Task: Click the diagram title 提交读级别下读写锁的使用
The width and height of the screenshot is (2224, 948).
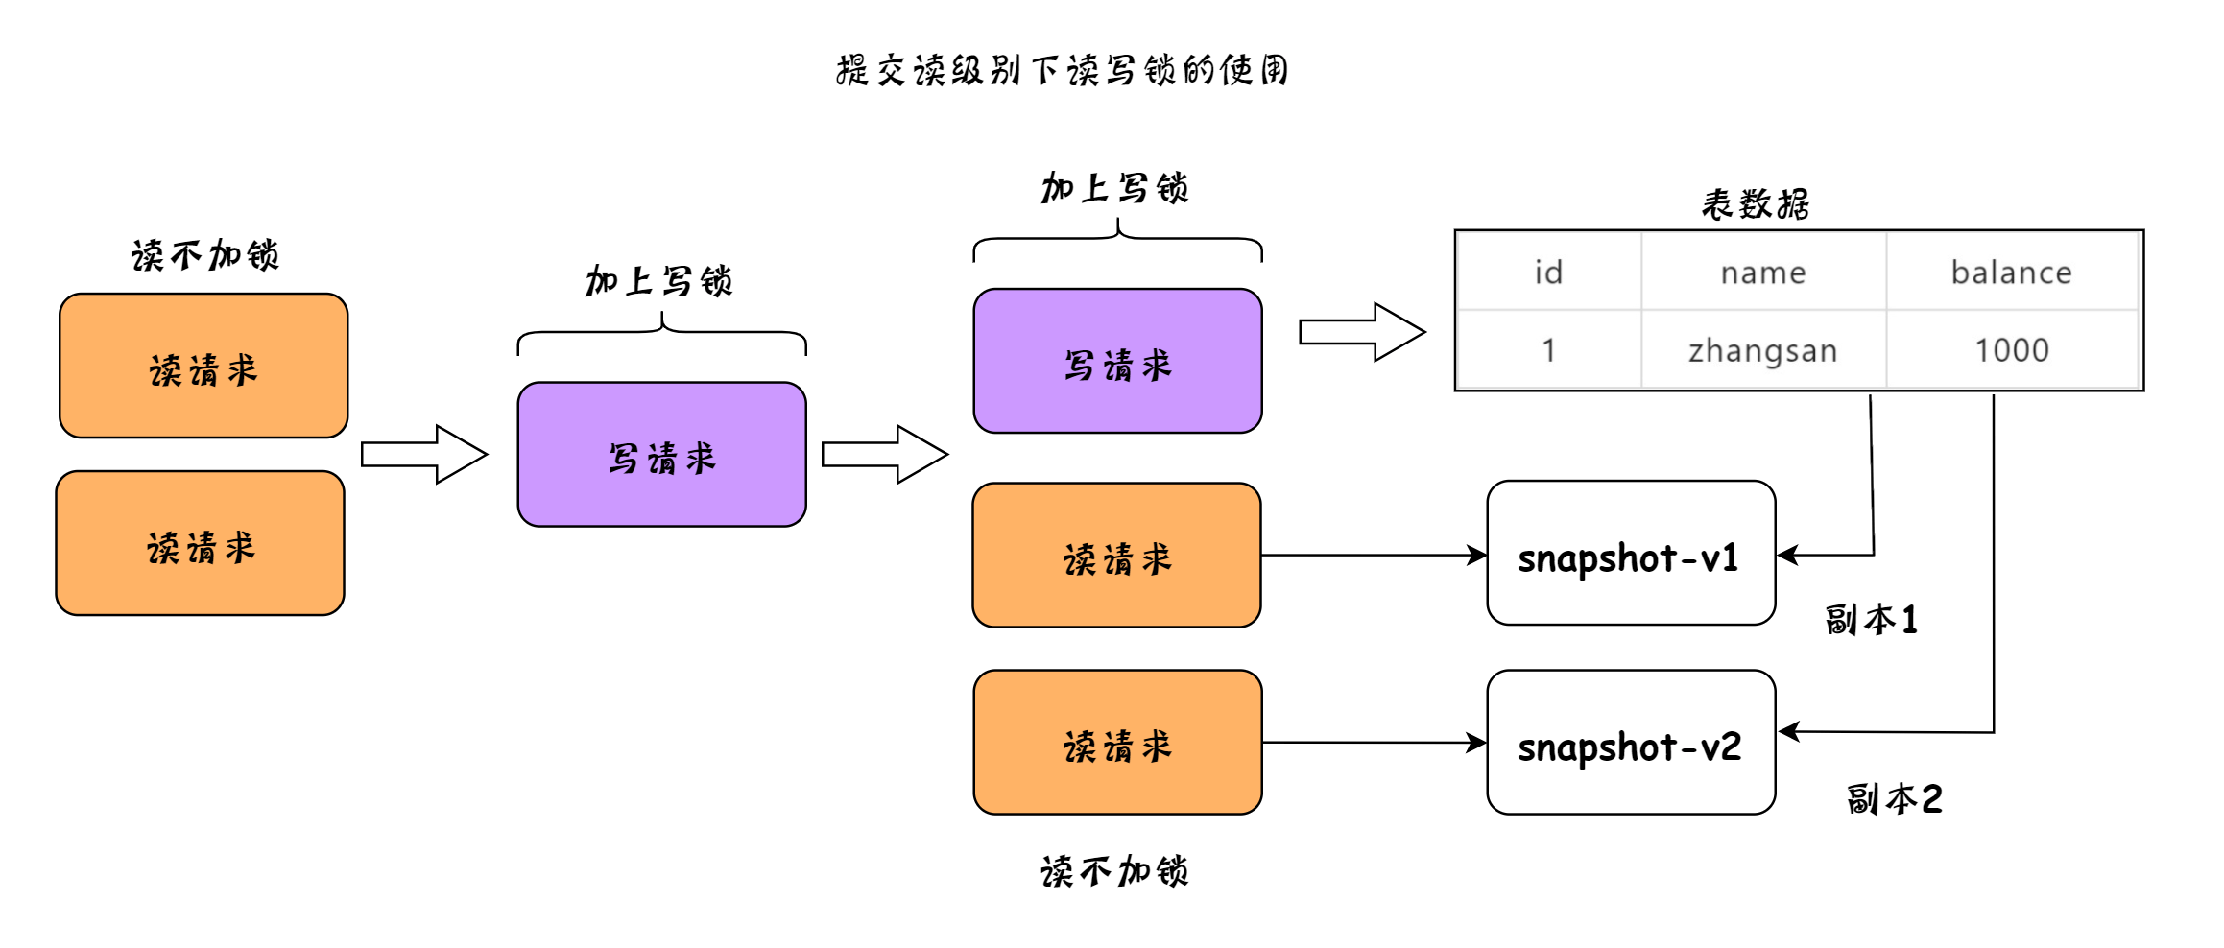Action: click(1062, 70)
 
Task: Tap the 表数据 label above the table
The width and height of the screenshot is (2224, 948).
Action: click(1755, 203)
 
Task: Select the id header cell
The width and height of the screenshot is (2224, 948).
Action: click(1548, 272)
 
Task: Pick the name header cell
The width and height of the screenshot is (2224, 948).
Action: click(1763, 272)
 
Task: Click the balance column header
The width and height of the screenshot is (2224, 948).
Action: click(2012, 272)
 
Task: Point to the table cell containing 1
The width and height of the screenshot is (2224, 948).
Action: click(1548, 349)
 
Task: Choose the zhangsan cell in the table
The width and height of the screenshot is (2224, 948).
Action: click(1763, 349)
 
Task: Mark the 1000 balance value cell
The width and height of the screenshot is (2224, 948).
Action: click(2012, 349)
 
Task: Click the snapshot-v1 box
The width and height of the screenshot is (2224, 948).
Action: click(1631, 553)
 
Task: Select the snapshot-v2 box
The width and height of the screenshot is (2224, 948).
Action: click(1631, 742)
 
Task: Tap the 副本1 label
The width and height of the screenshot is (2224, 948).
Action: click(1871, 619)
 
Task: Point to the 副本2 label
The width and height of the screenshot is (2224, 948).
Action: click(1894, 798)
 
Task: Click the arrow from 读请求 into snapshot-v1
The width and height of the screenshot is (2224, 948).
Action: click(1375, 555)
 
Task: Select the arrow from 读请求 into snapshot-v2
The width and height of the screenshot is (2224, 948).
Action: click(1375, 742)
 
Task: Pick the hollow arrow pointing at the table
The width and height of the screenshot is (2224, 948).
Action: click(1362, 332)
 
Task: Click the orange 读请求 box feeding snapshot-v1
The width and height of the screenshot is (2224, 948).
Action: click(1116, 555)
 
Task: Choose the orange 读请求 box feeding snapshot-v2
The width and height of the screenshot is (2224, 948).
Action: click(1117, 742)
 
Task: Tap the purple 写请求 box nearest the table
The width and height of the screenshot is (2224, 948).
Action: click(1117, 361)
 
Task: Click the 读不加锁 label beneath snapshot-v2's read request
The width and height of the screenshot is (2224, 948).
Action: click(1114, 871)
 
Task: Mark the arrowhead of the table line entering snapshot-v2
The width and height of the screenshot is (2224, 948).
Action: click(1781, 731)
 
